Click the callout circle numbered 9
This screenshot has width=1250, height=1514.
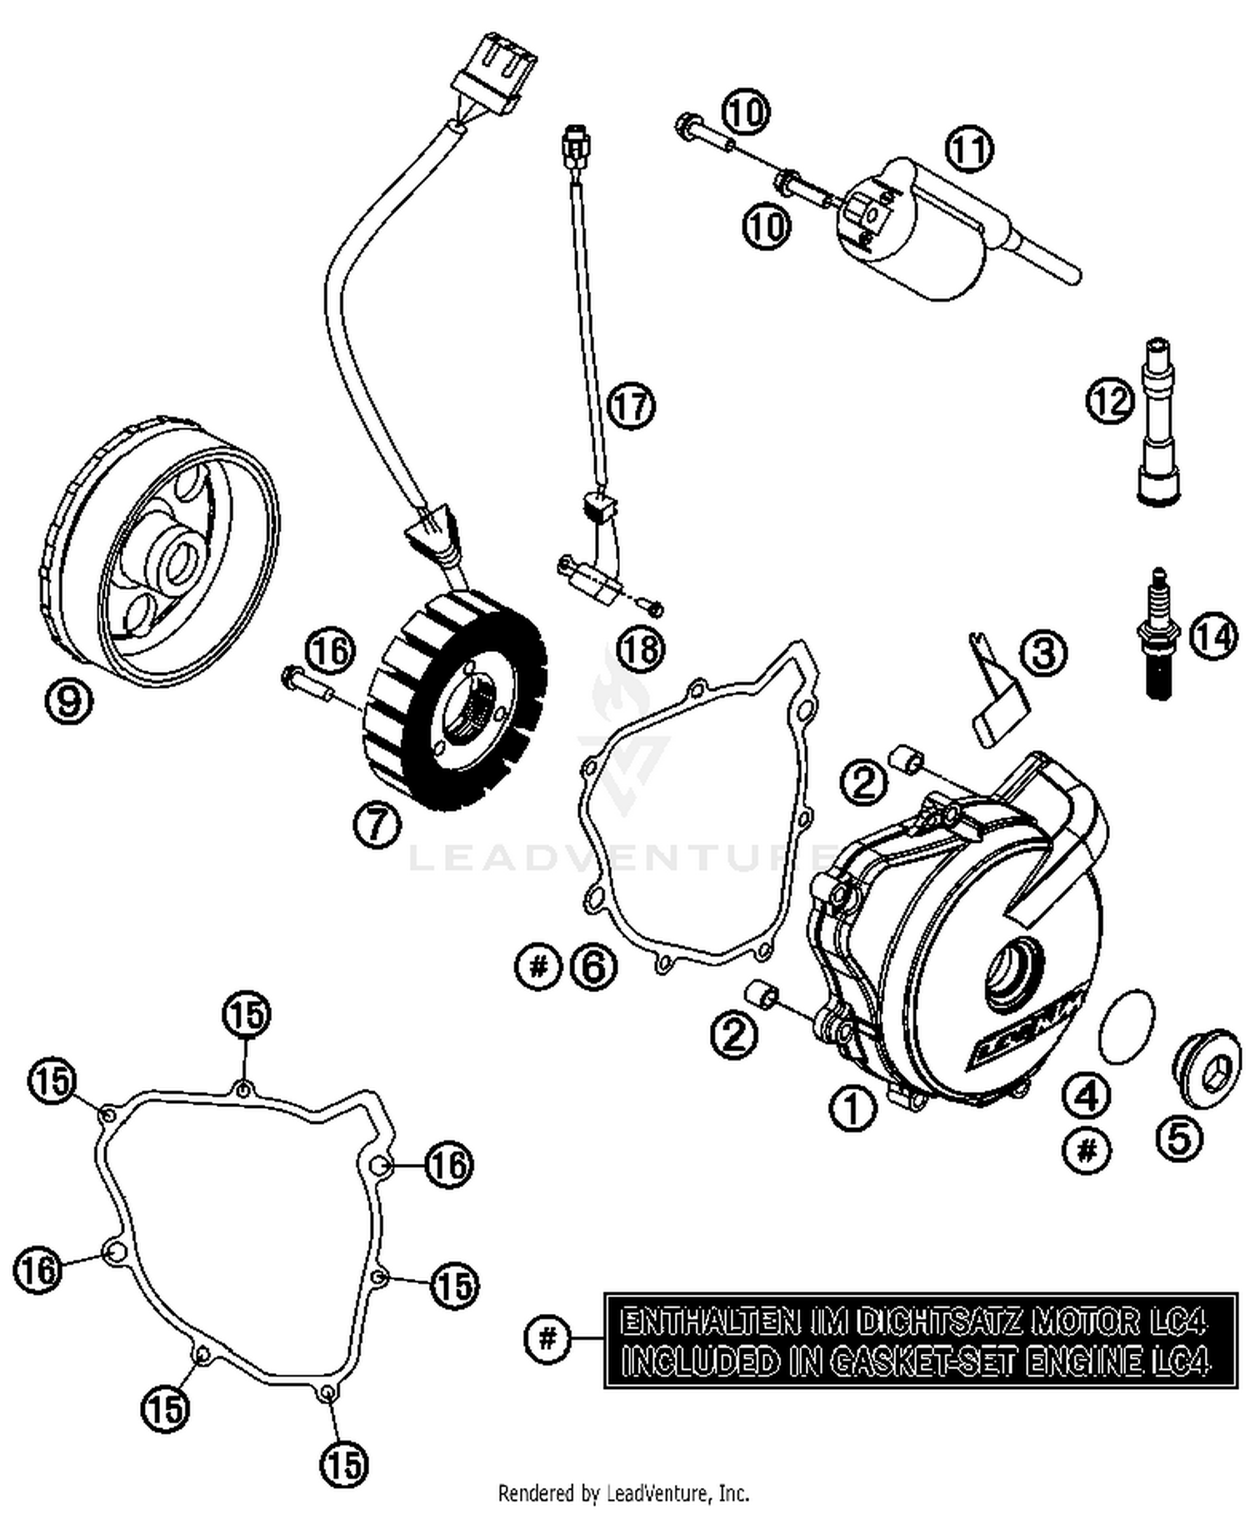coord(68,701)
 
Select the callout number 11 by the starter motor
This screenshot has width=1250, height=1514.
coord(969,150)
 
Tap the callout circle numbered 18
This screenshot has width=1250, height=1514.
coord(641,649)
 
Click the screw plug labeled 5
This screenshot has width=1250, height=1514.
coord(1206,1070)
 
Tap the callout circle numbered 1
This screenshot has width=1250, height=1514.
coord(852,1107)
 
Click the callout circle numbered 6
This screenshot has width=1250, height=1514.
coord(593,967)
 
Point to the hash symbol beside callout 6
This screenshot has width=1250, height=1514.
coord(539,967)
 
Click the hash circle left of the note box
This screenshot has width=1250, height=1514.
coord(547,1339)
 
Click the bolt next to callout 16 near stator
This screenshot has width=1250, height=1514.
coord(306,681)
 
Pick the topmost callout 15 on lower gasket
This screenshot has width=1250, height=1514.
coord(246,1015)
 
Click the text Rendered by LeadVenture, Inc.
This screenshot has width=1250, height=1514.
coord(623,1492)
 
